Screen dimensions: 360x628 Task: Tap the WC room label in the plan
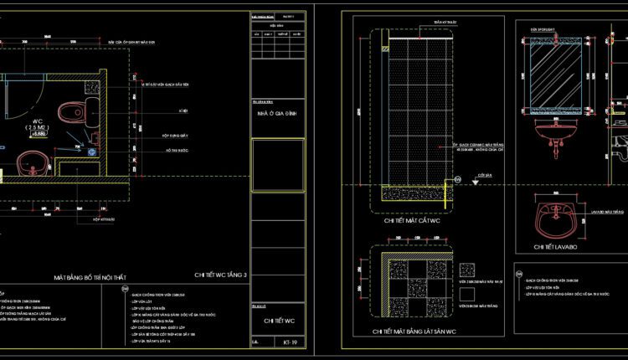[37, 123]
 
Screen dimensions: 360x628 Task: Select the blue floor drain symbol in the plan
[84, 152]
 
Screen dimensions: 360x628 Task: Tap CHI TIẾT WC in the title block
[279, 321]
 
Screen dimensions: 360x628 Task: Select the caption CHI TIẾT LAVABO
[556, 248]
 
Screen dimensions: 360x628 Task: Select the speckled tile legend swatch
[468, 270]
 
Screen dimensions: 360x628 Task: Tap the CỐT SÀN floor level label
[482, 176]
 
